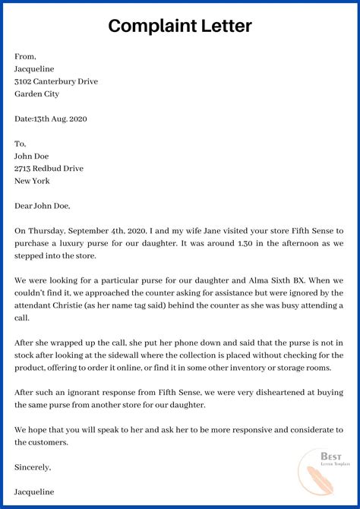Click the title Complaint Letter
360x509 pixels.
point(180,27)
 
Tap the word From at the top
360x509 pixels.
point(25,55)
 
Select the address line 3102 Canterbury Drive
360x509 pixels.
point(56,81)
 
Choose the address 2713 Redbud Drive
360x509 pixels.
point(49,168)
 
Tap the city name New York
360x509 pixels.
point(32,181)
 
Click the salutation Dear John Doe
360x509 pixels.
point(42,205)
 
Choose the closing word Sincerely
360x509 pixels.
point(32,467)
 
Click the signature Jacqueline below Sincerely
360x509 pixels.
point(36,492)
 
